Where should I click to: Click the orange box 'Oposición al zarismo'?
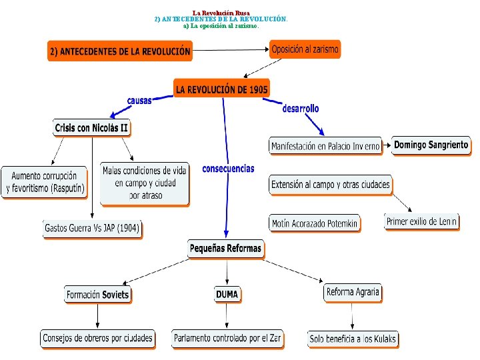point(305,49)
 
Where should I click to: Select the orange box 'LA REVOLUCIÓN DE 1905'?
point(222,88)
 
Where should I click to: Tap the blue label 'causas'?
point(139,100)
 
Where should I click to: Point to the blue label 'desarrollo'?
point(301,108)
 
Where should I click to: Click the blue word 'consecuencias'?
point(228,169)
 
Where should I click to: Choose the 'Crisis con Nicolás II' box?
point(91,128)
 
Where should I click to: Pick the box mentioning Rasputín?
point(45,182)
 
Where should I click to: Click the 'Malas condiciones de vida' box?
point(145,183)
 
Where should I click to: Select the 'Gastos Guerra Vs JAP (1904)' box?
point(92,228)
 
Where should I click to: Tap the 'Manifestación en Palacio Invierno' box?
point(325,146)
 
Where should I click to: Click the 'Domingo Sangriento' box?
point(431,145)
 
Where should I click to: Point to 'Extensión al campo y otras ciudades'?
point(331,185)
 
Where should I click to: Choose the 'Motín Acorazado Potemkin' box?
point(315,223)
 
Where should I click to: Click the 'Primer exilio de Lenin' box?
point(422,221)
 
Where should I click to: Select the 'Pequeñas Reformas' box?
point(225,249)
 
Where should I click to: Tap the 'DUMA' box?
point(227,294)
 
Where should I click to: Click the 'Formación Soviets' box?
point(97,294)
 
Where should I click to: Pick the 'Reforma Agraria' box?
point(353,292)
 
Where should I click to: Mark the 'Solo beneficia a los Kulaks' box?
point(353,339)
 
